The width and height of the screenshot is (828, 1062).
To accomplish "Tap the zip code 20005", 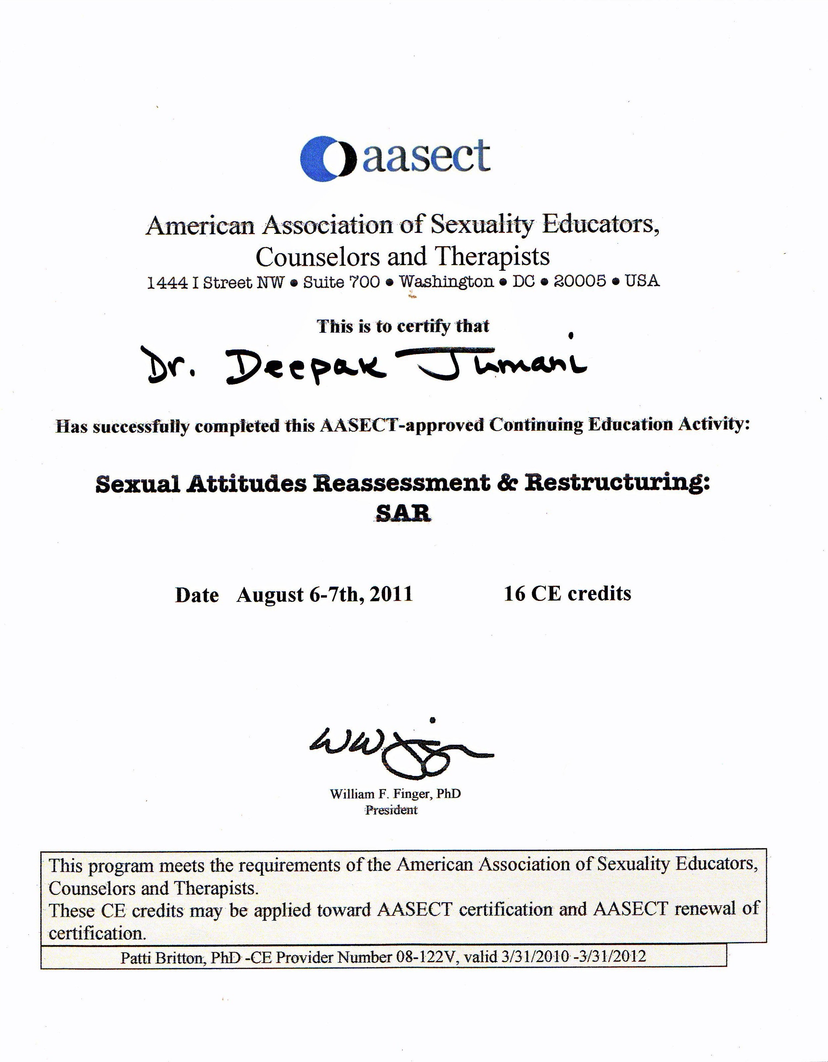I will coord(580,281).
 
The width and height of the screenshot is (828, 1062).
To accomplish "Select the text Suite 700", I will coord(341,282).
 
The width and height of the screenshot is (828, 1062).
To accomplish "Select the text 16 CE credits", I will coord(567,594).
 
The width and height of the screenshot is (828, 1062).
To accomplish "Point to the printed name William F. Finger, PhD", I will coord(395,794).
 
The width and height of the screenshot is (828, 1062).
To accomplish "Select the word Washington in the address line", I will coord(447,282).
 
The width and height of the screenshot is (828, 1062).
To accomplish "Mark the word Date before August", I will coord(197,595).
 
